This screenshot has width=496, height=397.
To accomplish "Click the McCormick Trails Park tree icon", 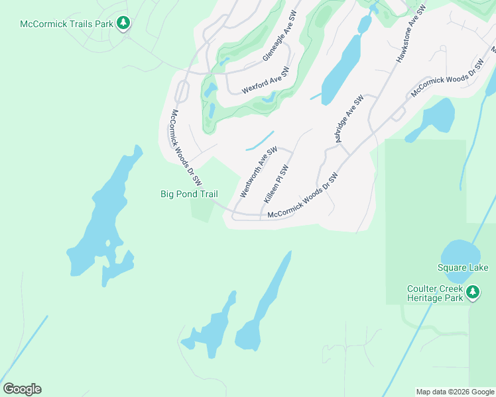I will (123, 24).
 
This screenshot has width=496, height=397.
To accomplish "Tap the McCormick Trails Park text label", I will (66, 24).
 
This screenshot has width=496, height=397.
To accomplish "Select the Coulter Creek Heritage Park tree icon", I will (473, 291).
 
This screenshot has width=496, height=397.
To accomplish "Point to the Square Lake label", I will (462, 267).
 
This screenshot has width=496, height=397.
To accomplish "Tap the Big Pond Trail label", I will (189, 194).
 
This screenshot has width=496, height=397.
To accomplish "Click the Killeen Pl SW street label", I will (277, 183).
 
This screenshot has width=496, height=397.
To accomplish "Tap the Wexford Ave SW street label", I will (265, 80).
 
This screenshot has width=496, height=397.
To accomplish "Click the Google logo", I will (22, 389).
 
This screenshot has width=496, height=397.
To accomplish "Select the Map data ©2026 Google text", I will (454, 392).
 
